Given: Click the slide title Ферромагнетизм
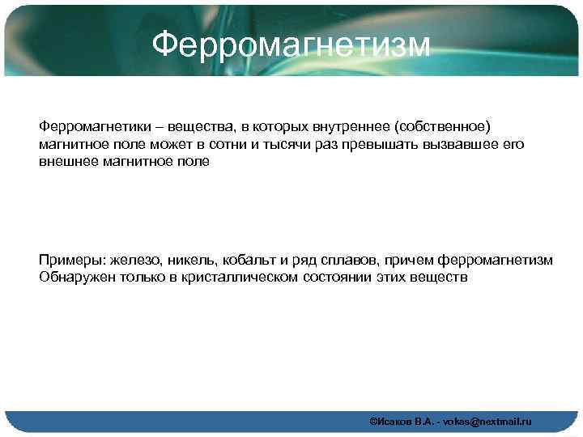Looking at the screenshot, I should [x=291, y=44].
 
